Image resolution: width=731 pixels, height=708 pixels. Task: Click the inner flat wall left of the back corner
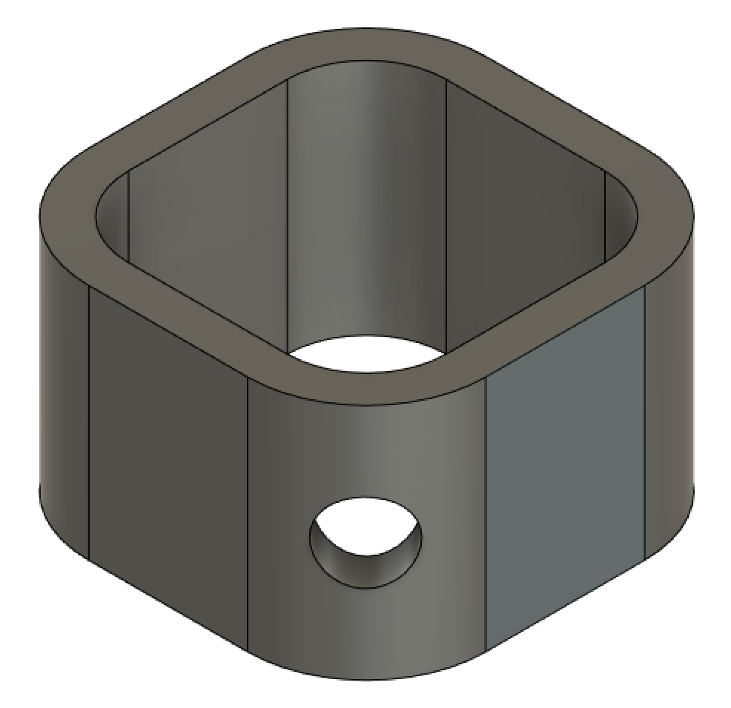(x=208, y=222)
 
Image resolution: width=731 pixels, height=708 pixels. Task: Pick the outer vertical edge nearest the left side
(x=89, y=422)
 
